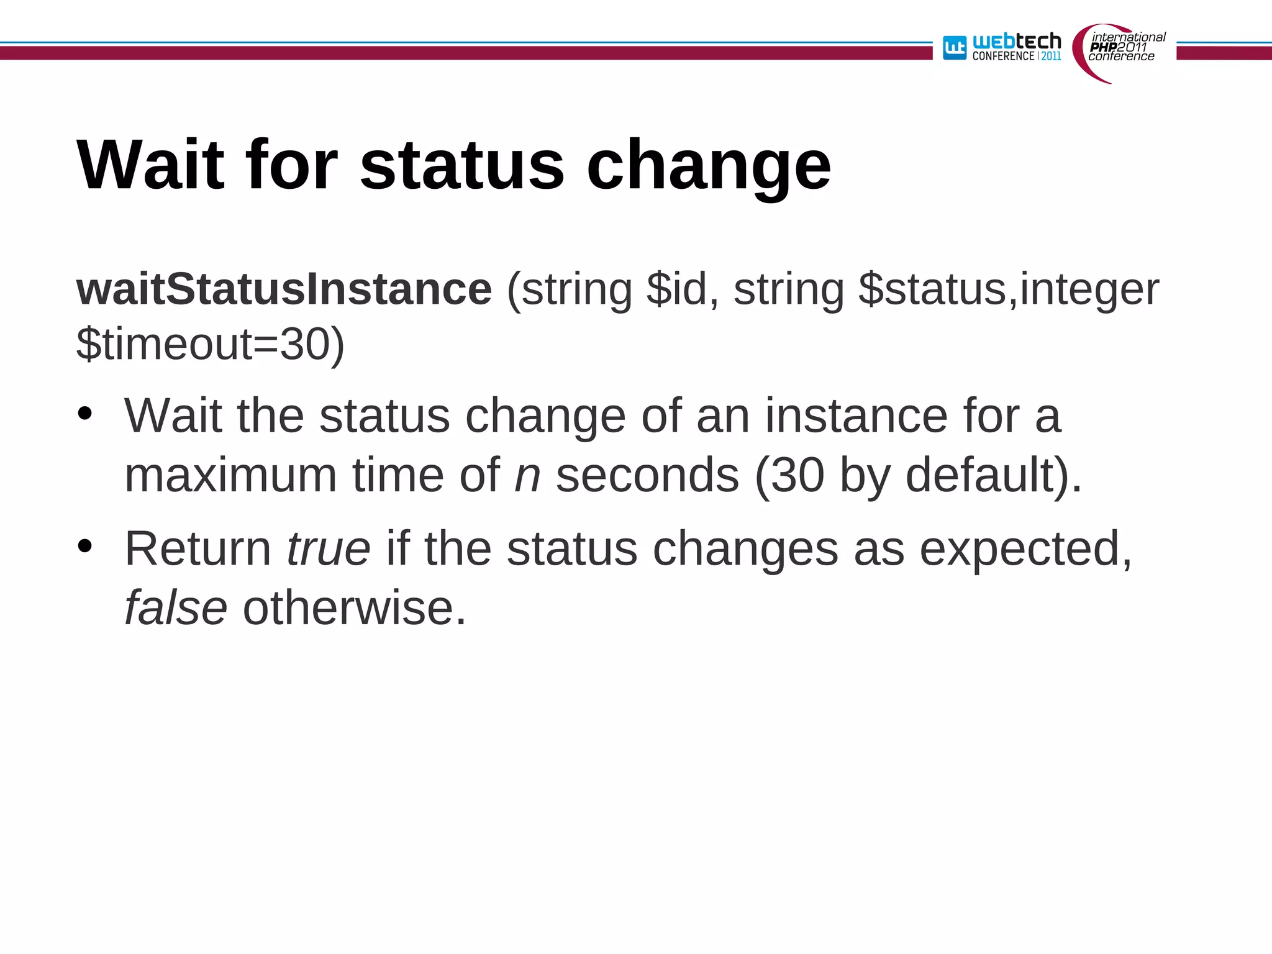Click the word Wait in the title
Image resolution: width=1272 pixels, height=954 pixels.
[150, 165]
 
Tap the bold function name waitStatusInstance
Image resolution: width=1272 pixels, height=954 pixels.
[284, 289]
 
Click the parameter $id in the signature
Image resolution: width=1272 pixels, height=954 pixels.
[676, 289]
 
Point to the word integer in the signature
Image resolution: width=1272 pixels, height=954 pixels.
[1089, 291]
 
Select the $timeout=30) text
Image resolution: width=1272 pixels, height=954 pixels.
[210, 345]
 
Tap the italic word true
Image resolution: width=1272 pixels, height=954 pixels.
[329, 549]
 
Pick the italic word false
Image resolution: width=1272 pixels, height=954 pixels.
[176, 608]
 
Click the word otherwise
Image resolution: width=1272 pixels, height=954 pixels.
[354, 608]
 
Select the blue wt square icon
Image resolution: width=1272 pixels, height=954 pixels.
[955, 48]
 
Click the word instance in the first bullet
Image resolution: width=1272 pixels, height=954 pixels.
[856, 416]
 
